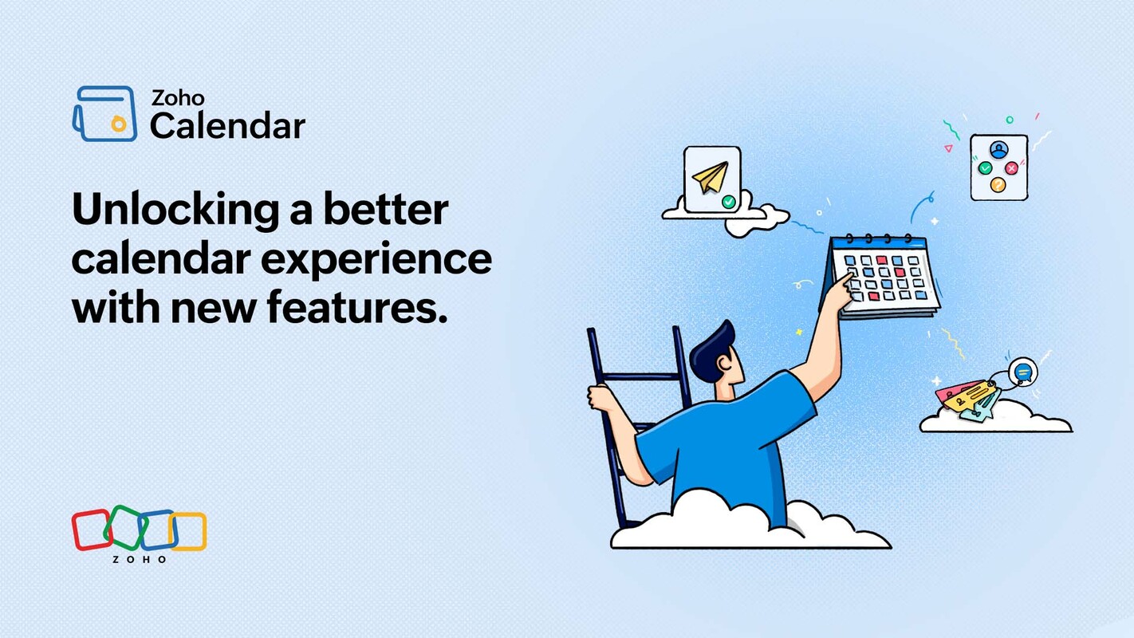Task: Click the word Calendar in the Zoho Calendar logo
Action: tap(227, 126)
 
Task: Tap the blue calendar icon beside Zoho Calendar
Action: tap(104, 113)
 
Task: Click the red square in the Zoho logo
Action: tap(91, 530)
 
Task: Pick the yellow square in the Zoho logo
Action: tap(188, 531)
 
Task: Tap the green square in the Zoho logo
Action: tap(124, 527)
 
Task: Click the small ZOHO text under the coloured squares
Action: tap(139, 560)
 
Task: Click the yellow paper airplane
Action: tap(709, 178)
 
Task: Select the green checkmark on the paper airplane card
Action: tap(728, 203)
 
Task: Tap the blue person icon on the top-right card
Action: tap(998, 150)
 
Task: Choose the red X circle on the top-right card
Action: tap(1011, 168)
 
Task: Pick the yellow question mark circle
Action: tap(998, 185)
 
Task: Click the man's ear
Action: tap(723, 364)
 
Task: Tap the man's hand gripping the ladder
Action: tap(600, 396)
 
